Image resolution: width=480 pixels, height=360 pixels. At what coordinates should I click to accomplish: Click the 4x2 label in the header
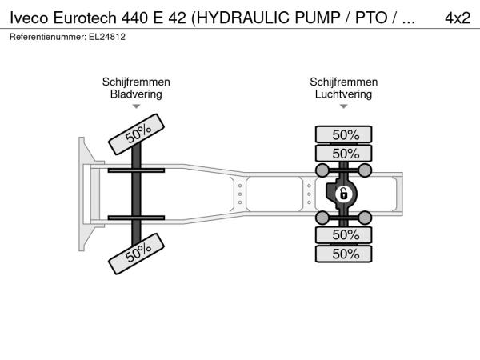(x=458, y=18)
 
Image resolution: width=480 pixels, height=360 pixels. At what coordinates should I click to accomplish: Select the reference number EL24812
(x=107, y=37)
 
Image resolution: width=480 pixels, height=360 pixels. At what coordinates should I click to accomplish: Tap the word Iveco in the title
(x=29, y=18)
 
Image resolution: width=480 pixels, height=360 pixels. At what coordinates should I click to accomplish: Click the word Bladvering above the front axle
(x=136, y=94)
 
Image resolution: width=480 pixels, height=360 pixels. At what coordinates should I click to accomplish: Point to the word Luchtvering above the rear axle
(x=343, y=94)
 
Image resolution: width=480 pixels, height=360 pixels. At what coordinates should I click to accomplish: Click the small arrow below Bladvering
(x=136, y=106)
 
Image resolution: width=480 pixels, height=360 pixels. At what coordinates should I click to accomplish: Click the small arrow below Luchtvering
(x=343, y=106)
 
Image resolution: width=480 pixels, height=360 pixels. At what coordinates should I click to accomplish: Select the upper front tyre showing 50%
(x=137, y=134)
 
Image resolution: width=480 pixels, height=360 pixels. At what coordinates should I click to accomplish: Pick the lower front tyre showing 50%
(x=137, y=254)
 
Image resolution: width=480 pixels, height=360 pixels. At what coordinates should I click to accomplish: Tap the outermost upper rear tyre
(x=343, y=134)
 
